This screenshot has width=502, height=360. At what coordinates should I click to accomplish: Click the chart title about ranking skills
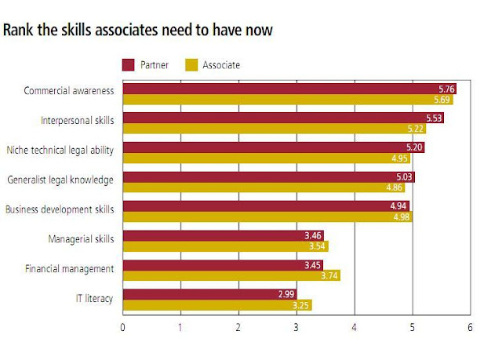click(x=137, y=31)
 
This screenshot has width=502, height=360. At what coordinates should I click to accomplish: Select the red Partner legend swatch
click(x=129, y=64)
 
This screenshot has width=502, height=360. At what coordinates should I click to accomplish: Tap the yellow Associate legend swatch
click(x=191, y=64)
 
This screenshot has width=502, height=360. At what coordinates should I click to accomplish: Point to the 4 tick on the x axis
click(x=355, y=328)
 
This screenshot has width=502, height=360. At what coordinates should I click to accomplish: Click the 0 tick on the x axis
click(x=123, y=328)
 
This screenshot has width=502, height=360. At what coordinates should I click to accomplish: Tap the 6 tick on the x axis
click(x=470, y=328)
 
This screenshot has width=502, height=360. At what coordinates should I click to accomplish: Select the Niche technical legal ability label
click(x=60, y=149)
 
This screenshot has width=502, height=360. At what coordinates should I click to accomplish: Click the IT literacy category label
click(x=94, y=299)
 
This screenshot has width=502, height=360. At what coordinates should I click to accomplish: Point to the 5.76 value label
click(x=446, y=89)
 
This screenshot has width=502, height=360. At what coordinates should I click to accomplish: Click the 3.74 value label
click(x=329, y=275)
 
